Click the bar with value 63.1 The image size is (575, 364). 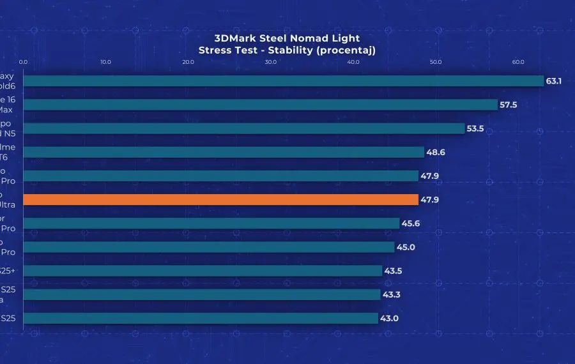pos(283,81)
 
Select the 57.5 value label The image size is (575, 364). pos(509,105)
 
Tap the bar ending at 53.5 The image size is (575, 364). pos(243,128)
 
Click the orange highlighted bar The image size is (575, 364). pos(220,200)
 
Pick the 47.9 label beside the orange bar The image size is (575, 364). pos(429,200)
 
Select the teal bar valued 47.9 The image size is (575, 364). pos(220,176)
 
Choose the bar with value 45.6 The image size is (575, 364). pos(211,224)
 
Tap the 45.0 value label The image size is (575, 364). pos(406,247)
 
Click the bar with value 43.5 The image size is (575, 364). pos(203,271)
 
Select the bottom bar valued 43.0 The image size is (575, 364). pos(201,318)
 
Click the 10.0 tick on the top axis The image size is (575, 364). pos(106,62)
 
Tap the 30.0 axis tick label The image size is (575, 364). pos(271,62)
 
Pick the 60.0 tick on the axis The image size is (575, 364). pos(518,62)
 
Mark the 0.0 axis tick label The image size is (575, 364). pos(24,62)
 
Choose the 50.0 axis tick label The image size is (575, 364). pos(436,62)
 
